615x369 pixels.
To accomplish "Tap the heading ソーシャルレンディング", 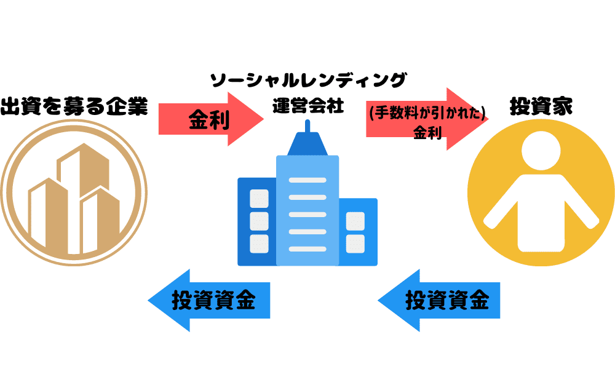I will coord(308,80).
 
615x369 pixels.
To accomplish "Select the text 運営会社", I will coord(308,105).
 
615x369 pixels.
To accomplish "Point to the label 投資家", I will coord(541,106).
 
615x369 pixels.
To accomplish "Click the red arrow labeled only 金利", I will coord(211,119).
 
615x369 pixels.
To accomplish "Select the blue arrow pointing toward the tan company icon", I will coord(210,301).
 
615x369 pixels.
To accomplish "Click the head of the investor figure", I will coord(541,151).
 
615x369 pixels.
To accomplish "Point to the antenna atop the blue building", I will coord(307,125).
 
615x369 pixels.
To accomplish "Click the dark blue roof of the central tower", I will coord(307,145).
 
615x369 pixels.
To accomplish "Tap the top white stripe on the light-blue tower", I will coord(307,180).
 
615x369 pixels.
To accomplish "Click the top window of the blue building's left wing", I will coord(259,199).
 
